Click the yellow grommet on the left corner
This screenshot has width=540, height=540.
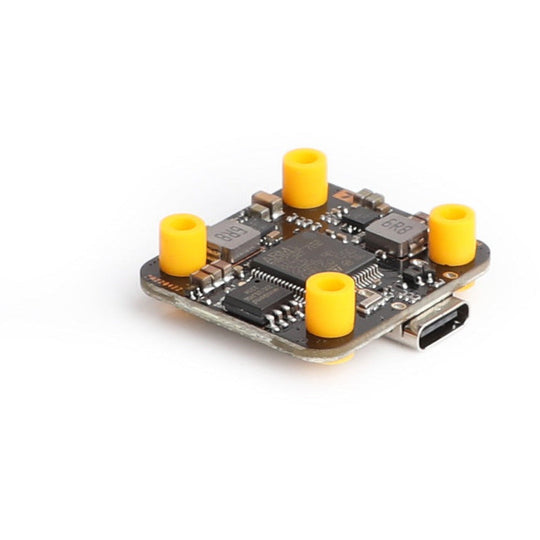pyautogui.click(x=182, y=244)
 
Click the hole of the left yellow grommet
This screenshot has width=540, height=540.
pyautogui.click(x=183, y=222)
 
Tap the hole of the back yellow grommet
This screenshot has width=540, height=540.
pyautogui.click(x=305, y=157)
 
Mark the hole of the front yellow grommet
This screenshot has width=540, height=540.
pyautogui.click(x=330, y=282)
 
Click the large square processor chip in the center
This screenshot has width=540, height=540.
pyautogui.click(x=311, y=259)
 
